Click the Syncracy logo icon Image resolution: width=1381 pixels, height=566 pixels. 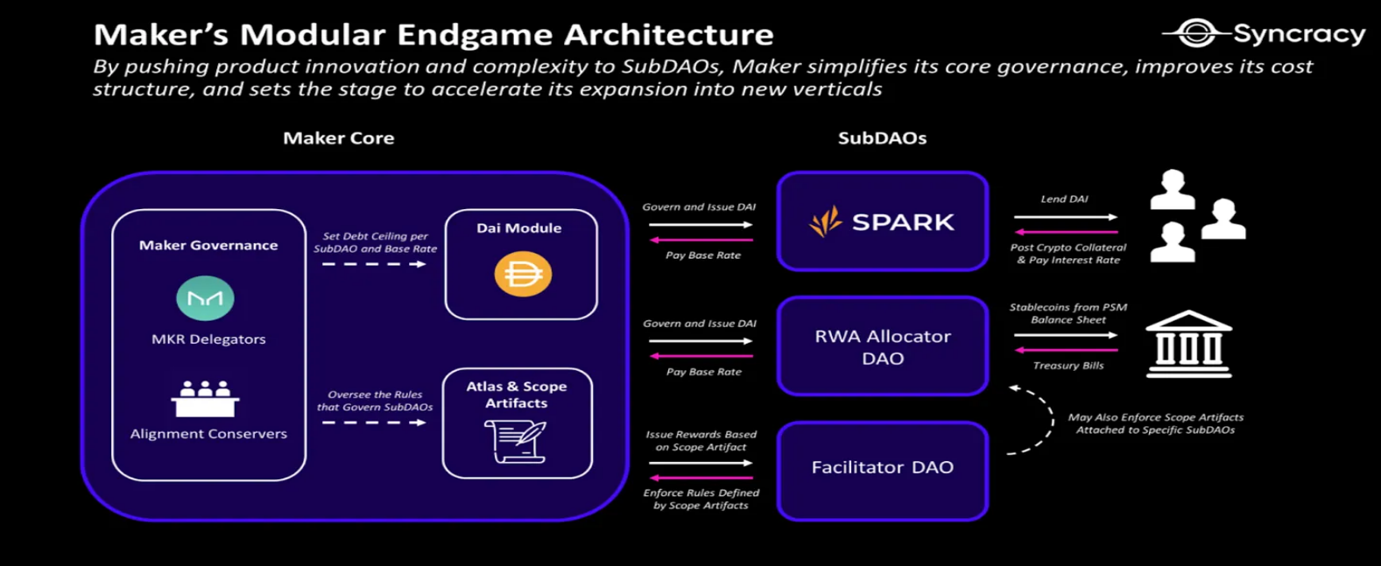tap(1194, 33)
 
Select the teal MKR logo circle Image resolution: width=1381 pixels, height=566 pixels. tap(205, 298)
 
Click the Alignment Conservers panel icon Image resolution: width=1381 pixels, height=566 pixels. tap(206, 399)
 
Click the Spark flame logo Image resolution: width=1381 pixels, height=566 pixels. tap(826, 221)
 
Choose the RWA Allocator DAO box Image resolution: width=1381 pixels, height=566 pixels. tap(882, 346)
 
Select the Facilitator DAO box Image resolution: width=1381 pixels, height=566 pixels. tap(882, 470)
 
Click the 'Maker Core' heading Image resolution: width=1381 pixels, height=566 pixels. tap(338, 138)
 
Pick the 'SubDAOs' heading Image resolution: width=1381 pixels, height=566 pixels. tap(882, 138)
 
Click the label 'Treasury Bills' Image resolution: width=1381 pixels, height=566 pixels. tap(1068, 366)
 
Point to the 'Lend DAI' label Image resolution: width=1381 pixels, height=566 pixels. tap(1064, 199)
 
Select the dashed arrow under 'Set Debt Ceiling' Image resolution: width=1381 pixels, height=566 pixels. tap(374, 264)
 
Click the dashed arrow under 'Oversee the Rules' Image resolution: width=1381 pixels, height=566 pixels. tap(374, 423)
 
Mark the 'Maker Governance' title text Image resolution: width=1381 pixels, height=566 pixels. tap(208, 246)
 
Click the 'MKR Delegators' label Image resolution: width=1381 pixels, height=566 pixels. tap(208, 339)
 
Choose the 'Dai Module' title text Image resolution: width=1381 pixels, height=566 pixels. tap(518, 228)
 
